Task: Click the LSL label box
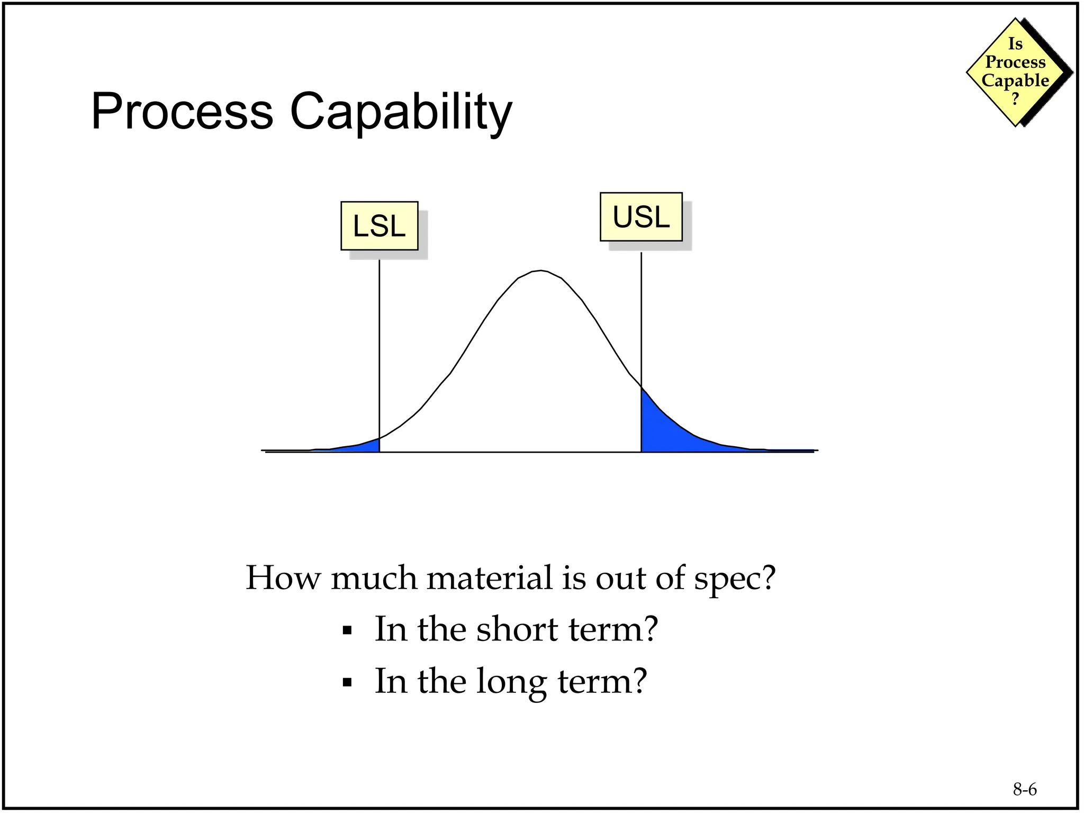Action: tap(379, 226)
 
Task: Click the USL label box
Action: tap(641, 217)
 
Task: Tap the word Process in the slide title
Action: tap(182, 112)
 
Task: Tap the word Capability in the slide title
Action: tap(401, 112)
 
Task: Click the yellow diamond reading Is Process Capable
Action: tap(1015, 71)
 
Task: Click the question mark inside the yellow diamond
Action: tap(1015, 99)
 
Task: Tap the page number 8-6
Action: tap(1024, 789)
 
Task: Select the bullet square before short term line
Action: tap(347, 630)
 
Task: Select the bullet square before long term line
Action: tap(347, 682)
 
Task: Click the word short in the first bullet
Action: tap(517, 629)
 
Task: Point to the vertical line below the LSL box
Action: tap(379, 349)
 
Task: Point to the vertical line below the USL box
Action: tap(641, 318)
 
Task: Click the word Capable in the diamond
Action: tap(1015, 80)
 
